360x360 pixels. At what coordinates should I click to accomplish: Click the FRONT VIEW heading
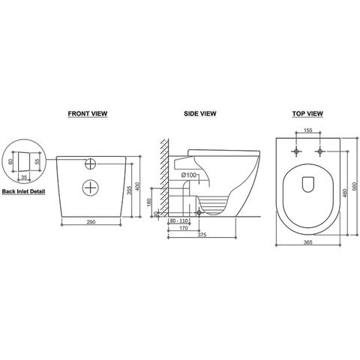(x=89, y=115)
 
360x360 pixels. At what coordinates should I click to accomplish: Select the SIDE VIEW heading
(x=200, y=115)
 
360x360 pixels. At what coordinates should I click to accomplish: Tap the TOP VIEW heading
(x=307, y=115)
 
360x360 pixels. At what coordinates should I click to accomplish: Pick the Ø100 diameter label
(x=189, y=175)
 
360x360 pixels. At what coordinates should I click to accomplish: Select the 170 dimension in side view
(x=182, y=229)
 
